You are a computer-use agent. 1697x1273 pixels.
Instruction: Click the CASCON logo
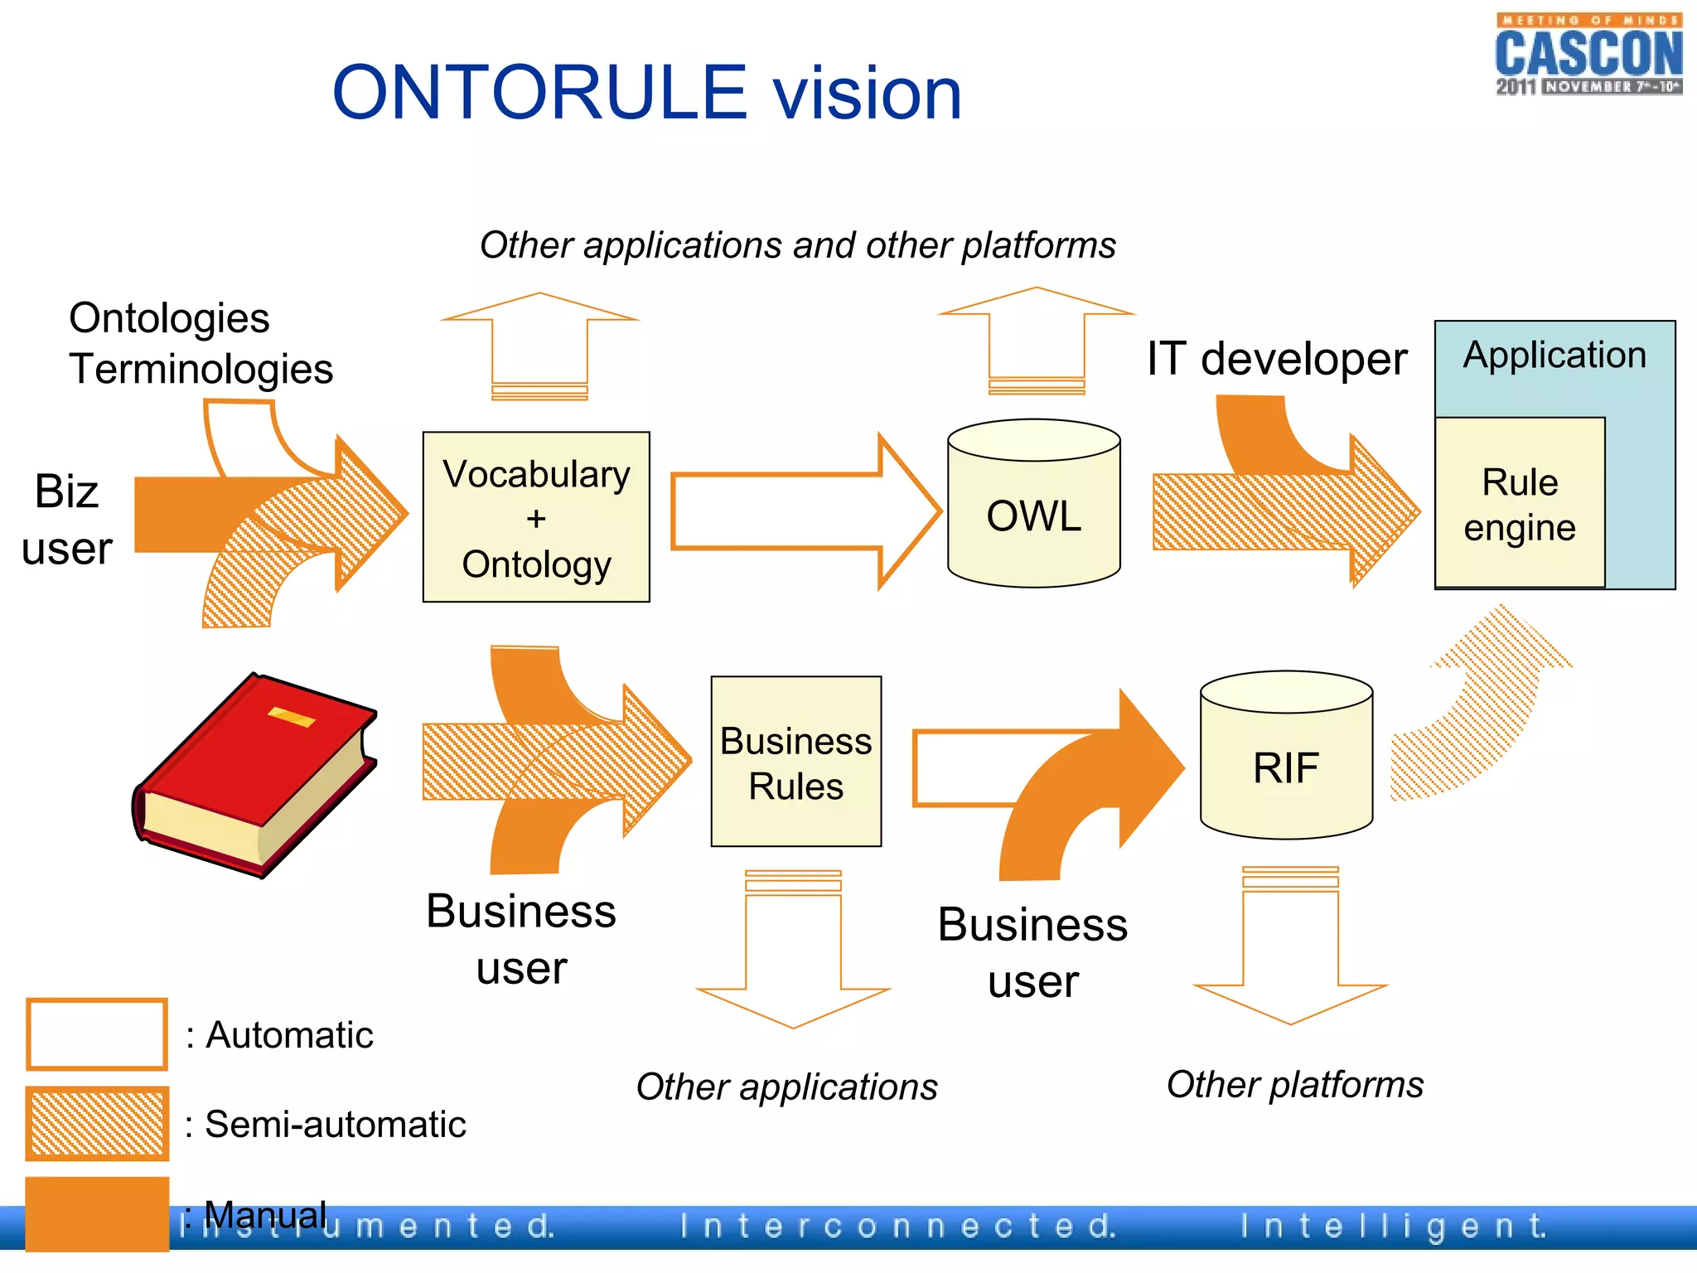[1588, 55]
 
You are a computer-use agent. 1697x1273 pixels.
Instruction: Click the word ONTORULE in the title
[539, 93]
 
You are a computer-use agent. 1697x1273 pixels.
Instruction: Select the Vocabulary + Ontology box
[536, 517]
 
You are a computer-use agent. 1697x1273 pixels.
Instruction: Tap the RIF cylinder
[1285, 767]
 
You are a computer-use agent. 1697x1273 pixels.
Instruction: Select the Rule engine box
[1519, 504]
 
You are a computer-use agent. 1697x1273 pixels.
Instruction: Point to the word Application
[1554, 356]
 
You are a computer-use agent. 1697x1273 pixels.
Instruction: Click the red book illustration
[255, 775]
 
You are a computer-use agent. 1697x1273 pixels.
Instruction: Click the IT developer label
[1276, 359]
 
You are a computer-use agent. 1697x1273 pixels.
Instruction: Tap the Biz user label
[66, 520]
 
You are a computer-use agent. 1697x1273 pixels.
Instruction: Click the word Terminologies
[201, 369]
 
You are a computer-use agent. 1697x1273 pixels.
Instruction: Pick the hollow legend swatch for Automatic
[97, 1034]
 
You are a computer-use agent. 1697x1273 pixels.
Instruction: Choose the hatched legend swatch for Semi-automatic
[97, 1123]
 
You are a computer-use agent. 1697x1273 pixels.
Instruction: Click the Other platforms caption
[1294, 1084]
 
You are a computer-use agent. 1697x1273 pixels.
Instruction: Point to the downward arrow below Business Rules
[793, 953]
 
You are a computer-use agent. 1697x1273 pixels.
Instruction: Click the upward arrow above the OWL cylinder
[1036, 340]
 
